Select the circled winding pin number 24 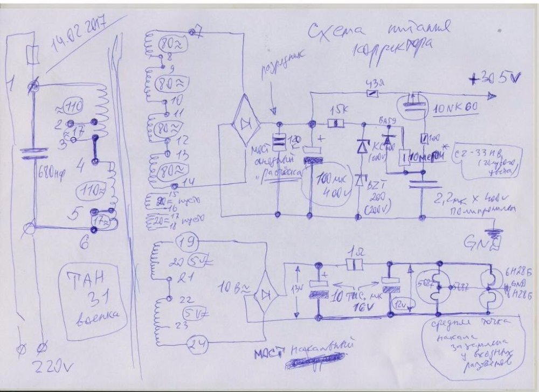point(197,345)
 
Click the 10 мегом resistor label point(426,156)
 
